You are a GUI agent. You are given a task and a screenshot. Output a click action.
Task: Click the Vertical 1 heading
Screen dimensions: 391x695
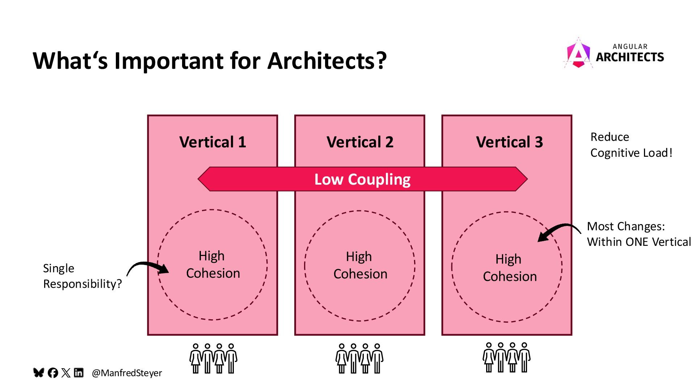pyautogui.click(x=212, y=142)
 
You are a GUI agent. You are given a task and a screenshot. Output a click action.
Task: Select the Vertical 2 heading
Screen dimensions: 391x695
pyautogui.click(x=360, y=142)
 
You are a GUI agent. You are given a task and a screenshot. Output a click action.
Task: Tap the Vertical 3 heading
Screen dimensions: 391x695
pyautogui.click(x=509, y=142)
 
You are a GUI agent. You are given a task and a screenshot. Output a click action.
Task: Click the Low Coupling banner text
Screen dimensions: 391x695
pyautogui.click(x=362, y=179)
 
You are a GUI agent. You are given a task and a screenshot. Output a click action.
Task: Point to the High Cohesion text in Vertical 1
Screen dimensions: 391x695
pyautogui.click(x=213, y=265)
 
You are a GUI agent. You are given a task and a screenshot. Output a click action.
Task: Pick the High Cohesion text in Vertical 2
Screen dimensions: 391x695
pyautogui.click(x=360, y=265)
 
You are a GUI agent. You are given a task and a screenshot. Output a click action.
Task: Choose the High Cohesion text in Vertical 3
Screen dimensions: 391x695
pyautogui.click(x=510, y=268)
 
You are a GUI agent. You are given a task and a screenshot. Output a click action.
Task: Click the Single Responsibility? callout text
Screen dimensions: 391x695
pyautogui.click(x=82, y=276)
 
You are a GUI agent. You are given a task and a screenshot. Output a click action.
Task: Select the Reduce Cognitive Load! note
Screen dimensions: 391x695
pyautogui.click(x=631, y=145)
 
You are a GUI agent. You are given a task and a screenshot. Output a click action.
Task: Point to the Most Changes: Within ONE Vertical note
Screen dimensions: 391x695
pyautogui.click(x=639, y=234)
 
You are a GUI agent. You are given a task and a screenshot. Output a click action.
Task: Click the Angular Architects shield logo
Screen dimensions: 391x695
pyautogui.click(x=578, y=54)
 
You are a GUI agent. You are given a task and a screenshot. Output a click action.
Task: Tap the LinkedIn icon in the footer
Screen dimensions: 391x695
pyautogui.click(x=79, y=373)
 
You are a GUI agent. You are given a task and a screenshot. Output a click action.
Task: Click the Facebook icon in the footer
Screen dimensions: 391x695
pyautogui.click(x=53, y=373)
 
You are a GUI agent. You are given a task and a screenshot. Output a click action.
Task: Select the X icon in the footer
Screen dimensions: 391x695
pyautogui.click(x=66, y=373)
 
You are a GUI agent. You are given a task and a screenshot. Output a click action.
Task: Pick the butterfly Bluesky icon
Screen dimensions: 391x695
pyautogui.click(x=39, y=373)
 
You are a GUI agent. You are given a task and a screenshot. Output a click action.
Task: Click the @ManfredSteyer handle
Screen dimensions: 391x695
pyautogui.click(x=127, y=373)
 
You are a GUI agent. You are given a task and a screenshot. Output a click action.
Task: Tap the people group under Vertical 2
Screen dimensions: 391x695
pyautogui.click(x=359, y=358)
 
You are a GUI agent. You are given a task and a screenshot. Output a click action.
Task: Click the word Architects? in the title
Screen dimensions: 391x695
pyautogui.click(x=327, y=60)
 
